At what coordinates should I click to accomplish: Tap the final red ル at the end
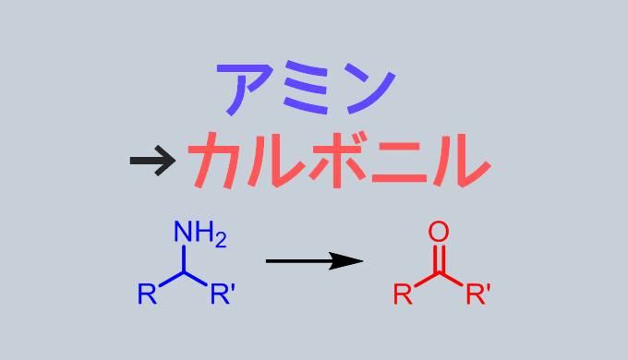458,159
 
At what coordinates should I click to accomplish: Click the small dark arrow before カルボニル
152,162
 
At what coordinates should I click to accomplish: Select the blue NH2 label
199,234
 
